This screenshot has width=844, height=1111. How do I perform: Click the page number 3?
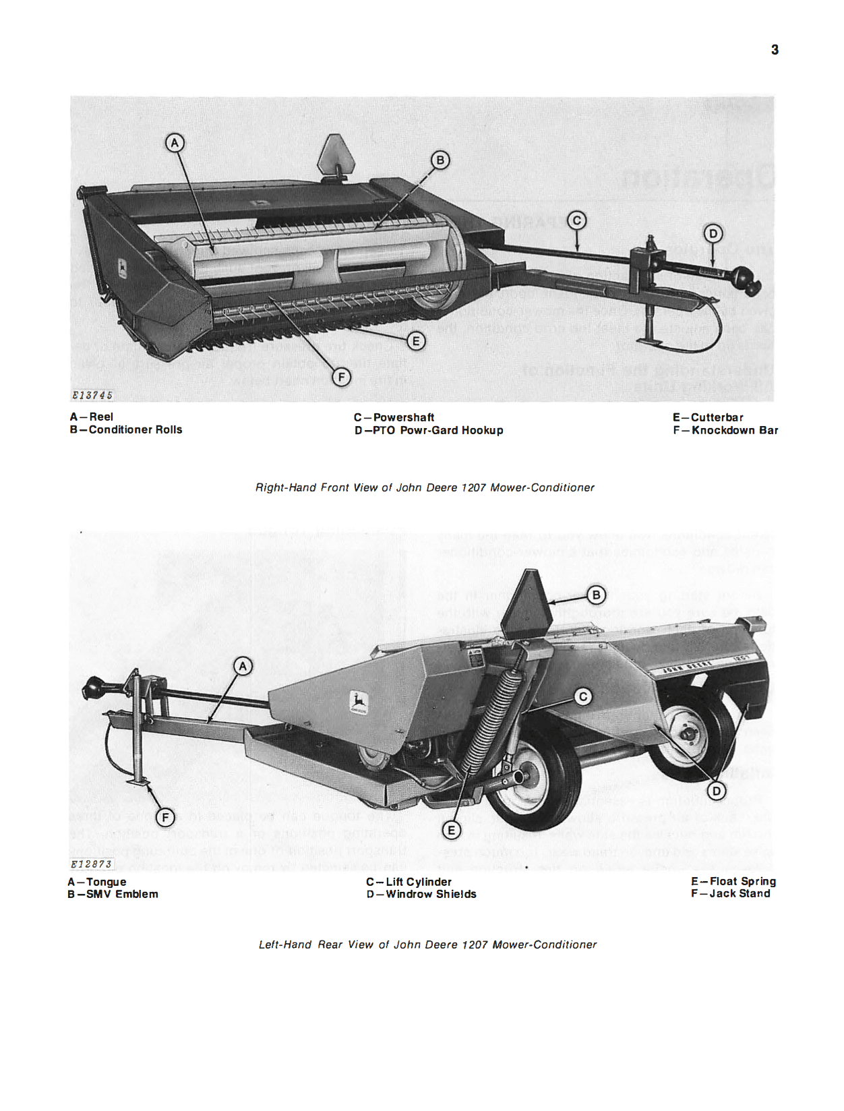pos(775,49)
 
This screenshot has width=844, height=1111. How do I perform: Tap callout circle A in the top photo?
pos(175,143)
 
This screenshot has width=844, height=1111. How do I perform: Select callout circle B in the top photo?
pos(440,160)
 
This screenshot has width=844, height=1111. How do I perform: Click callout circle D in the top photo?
pos(713,233)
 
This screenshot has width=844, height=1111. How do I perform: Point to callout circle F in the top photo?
pos(342,378)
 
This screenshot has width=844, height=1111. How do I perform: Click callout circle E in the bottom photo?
pos(452,831)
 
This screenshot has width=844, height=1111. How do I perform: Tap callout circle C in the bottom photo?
pos(583,696)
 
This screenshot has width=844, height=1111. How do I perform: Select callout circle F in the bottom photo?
pos(165,818)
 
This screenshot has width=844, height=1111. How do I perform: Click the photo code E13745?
pos(92,395)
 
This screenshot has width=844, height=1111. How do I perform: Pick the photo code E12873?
pos(92,864)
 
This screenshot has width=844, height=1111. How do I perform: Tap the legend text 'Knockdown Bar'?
pos(734,430)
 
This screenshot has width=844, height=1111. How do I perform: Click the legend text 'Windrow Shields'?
pos(431,894)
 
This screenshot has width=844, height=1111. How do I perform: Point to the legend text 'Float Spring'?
pos(742,881)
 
